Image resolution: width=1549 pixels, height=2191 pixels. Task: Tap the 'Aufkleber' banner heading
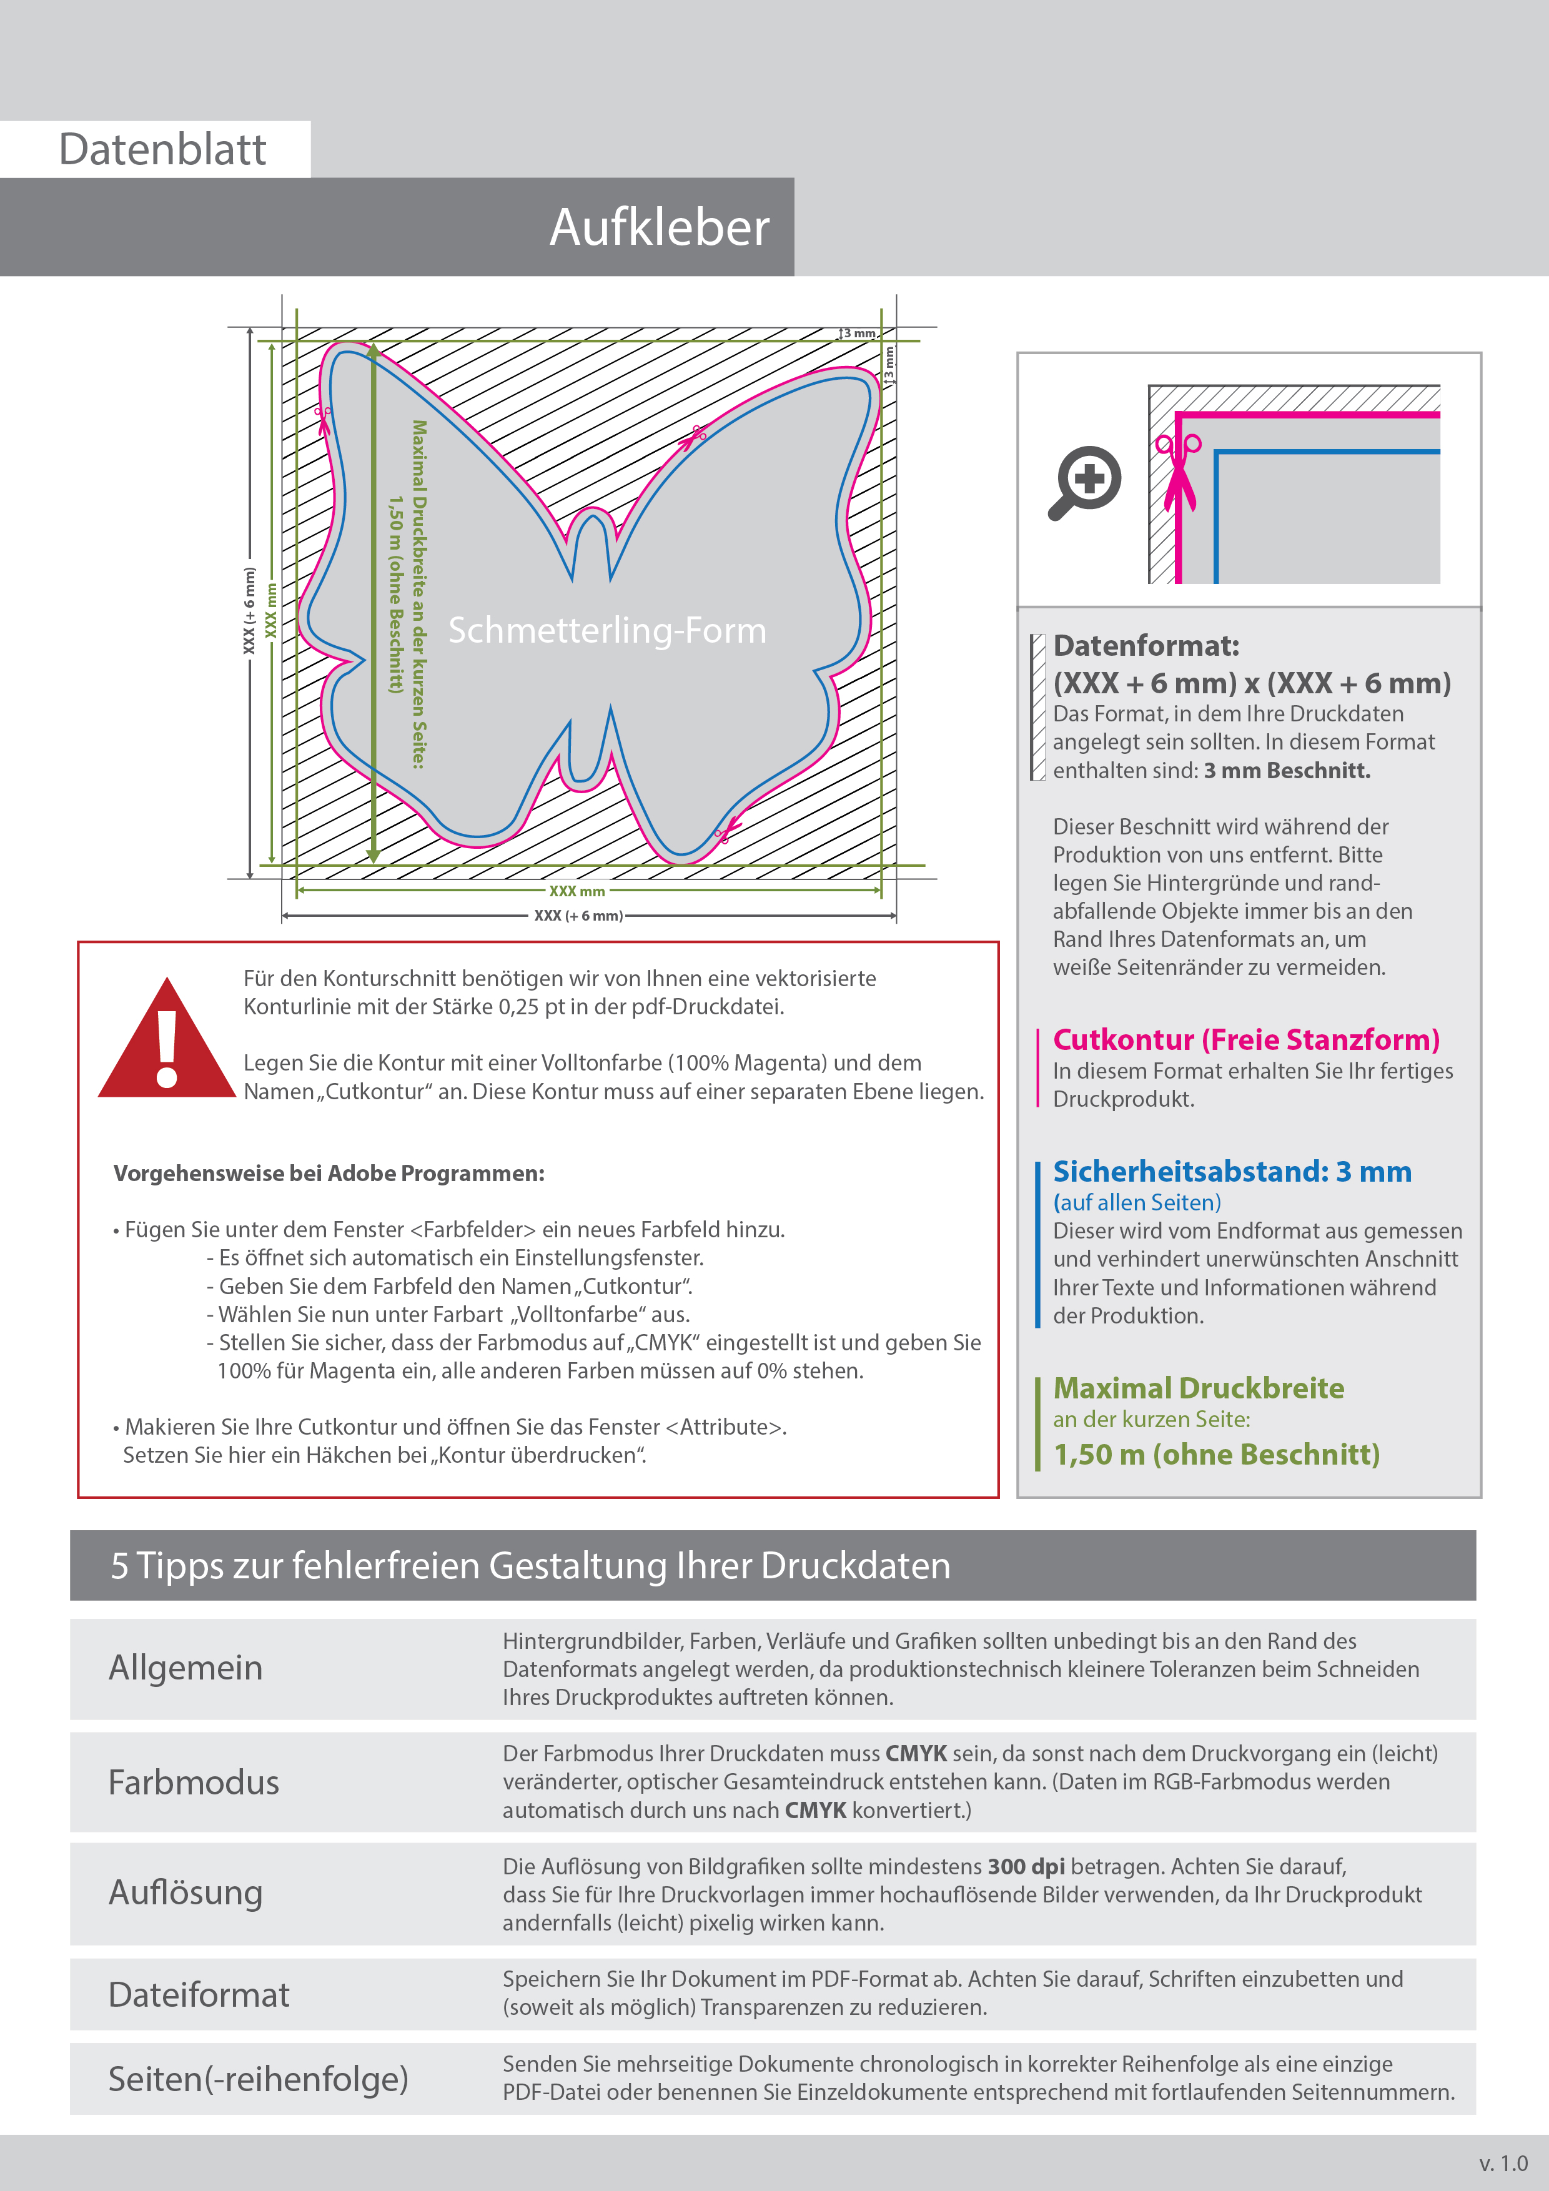pos(658,227)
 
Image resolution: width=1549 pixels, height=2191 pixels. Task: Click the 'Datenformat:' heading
pos(1146,646)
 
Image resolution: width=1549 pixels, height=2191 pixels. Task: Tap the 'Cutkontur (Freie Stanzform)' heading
pos(1245,1039)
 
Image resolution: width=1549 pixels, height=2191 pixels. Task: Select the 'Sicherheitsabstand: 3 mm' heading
pos(1231,1171)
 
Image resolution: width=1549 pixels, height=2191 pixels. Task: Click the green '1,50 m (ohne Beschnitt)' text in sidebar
pos(1216,1454)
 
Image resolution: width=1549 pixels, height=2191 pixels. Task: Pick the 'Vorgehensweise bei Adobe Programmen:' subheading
pos(329,1174)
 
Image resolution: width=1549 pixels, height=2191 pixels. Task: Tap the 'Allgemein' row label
pos(185,1668)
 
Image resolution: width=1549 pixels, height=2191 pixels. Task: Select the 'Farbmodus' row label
pos(193,1783)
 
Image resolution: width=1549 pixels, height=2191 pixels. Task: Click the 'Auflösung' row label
pos(185,1892)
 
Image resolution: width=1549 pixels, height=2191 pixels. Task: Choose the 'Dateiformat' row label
pos(199,1994)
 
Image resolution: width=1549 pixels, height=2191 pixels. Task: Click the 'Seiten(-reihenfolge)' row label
pos(258,2079)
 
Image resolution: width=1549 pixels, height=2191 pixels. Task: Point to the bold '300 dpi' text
pos(1026,1867)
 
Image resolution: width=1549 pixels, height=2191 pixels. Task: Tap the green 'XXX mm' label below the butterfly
pos(577,891)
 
